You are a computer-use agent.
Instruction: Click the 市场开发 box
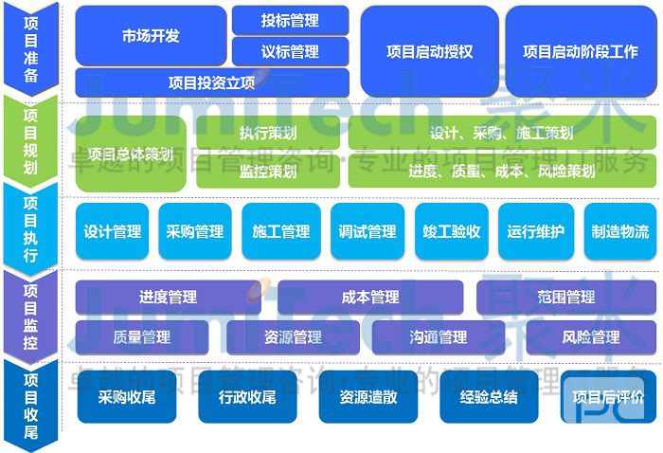click(151, 36)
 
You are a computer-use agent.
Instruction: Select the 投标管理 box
click(290, 20)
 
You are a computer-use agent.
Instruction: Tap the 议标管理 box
click(290, 51)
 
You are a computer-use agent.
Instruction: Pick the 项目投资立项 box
click(211, 82)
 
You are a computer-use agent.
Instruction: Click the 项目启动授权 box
click(429, 52)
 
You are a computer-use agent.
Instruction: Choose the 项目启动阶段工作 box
click(581, 52)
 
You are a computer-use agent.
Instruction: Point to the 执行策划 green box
click(268, 134)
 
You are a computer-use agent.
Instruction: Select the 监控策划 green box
click(268, 172)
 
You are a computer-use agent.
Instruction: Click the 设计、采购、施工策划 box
click(501, 134)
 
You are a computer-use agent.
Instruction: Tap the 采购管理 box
click(195, 231)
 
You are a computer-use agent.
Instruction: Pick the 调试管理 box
click(367, 231)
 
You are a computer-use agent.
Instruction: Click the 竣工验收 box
click(452, 231)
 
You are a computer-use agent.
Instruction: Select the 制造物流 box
click(619, 231)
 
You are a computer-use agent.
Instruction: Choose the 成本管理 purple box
click(370, 298)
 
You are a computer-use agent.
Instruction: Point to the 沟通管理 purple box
click(439, 336)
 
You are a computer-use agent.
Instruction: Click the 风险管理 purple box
click(591, 336)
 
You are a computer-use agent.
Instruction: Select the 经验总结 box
click(489, 396)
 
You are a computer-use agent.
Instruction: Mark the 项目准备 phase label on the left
click(30, 46)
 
